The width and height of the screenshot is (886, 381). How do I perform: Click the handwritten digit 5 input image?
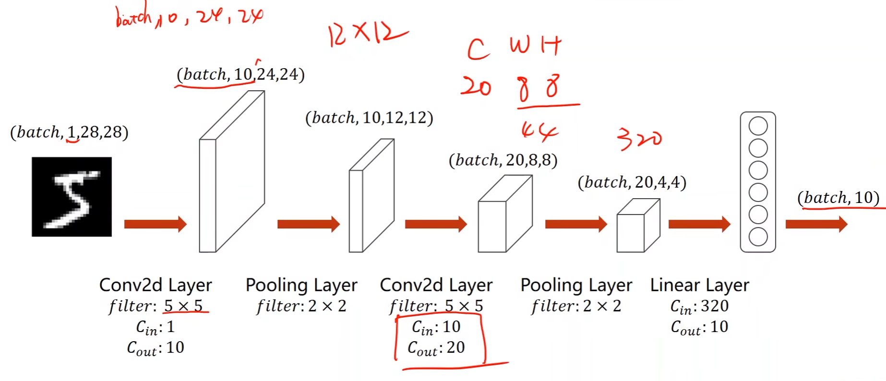pos(72,197)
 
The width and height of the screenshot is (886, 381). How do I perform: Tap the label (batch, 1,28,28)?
pos(69,132)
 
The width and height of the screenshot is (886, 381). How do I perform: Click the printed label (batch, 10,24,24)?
pos(240,74)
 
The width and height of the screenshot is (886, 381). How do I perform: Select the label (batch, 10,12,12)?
pos(369,118)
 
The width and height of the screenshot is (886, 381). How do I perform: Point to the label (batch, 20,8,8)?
pos(503,160)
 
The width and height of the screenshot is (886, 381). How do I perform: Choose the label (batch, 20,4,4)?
pos(632,182)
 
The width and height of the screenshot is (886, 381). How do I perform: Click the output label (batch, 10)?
pos(838,198)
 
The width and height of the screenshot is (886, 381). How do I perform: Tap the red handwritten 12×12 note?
pos(367,34)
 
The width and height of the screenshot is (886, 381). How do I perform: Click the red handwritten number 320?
pos(639,138)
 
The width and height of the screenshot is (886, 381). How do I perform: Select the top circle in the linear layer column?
pos(758,126)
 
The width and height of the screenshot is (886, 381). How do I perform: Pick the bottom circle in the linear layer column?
pos(758,237)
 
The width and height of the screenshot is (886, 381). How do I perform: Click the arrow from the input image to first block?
pos(155,224)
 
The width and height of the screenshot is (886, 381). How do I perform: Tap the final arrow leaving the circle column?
pos(816,224)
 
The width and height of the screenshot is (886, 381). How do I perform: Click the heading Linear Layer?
pos(699,285)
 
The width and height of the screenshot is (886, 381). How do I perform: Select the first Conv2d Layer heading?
pos(156,285)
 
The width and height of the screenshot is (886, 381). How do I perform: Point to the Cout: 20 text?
pos(436,347)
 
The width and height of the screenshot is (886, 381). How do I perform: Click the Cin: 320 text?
pos(699,306)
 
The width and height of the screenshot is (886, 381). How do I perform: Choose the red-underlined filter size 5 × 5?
pos(183,306)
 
